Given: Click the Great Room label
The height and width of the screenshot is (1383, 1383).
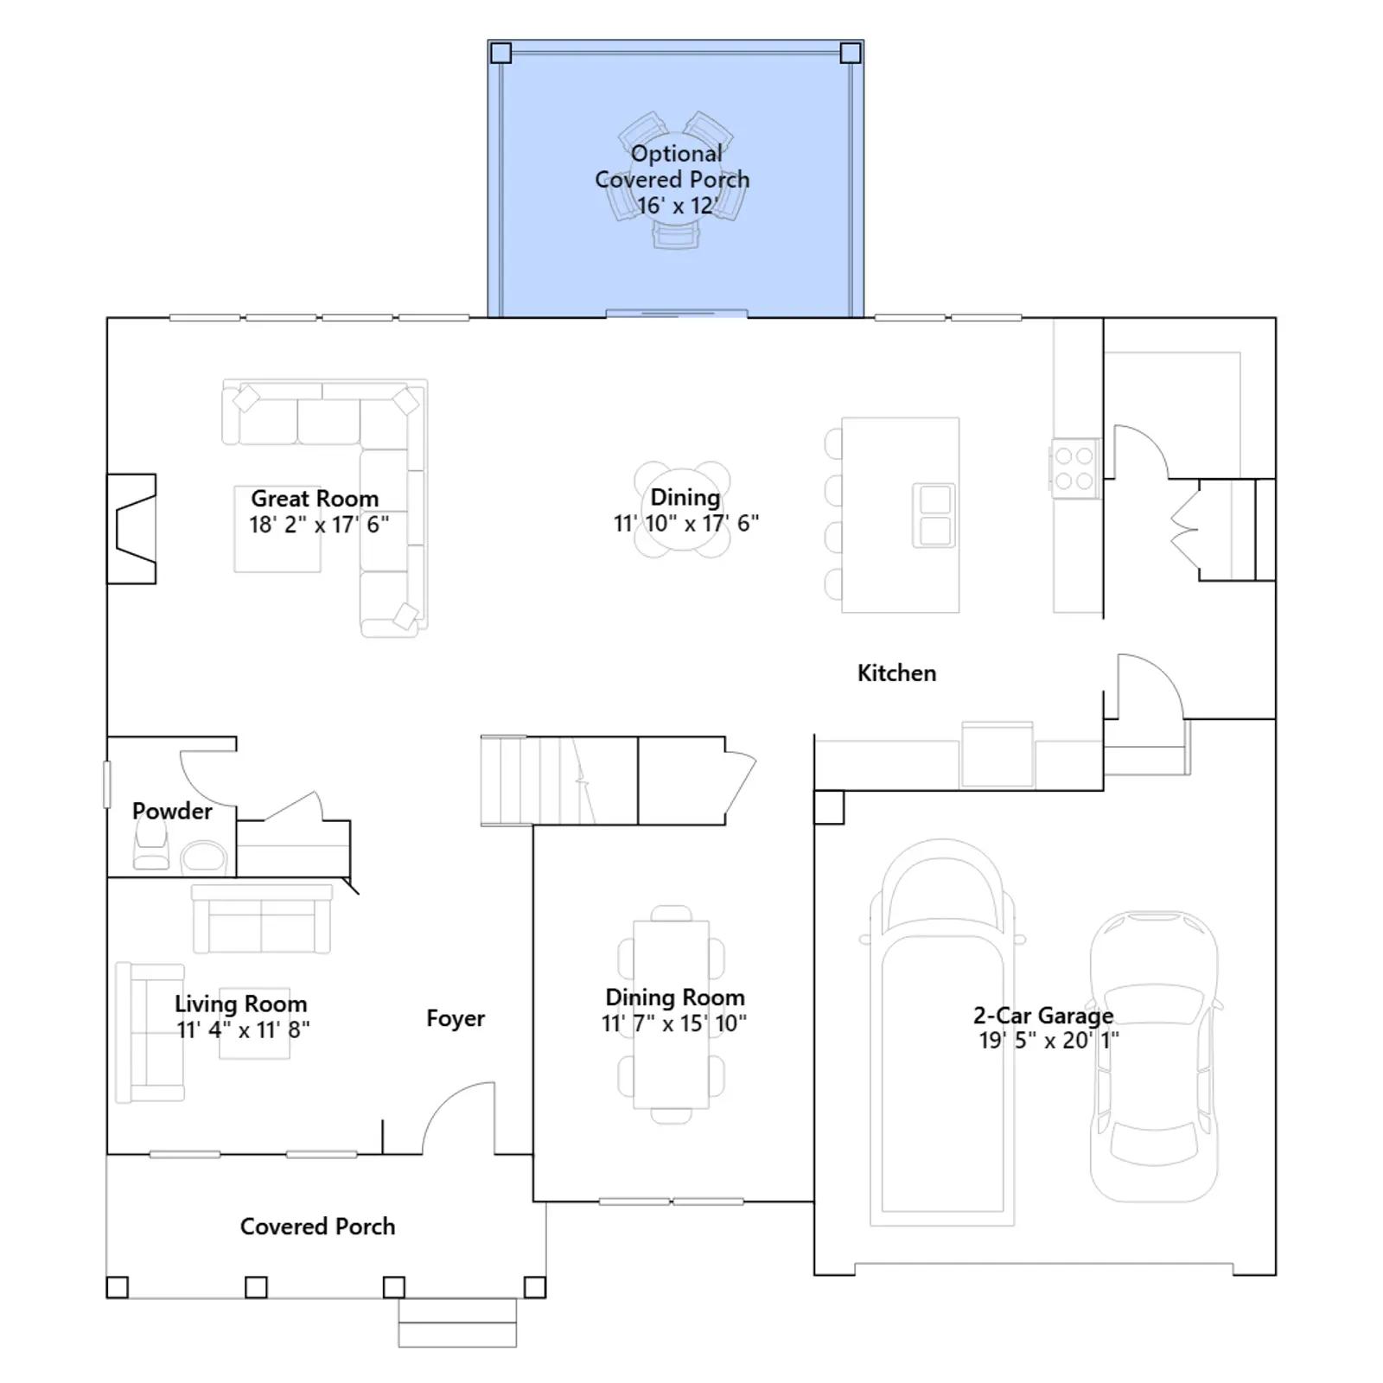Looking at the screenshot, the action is [x=315, y=499].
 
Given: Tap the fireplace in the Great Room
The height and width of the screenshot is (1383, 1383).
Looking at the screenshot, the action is [x=131, y=528].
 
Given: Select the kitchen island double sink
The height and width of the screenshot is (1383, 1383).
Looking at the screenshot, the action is [x=934, y=515].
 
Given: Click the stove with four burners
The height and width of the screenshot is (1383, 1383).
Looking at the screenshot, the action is [x=1075, y=468].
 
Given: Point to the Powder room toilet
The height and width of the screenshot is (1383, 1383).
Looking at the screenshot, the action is [x=150, y=843].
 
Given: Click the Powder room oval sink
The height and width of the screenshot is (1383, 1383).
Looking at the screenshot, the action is [x=203, y=858].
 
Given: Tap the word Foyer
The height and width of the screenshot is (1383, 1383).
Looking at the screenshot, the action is [x=456, y=1018].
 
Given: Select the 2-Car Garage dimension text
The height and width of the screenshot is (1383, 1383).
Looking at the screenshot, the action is [x=1048, y=1040].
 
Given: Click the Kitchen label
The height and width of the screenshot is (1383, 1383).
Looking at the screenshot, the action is [x=896, y=672].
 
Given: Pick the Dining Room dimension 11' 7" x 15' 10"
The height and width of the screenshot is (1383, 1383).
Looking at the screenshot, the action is [x=674, y=1023].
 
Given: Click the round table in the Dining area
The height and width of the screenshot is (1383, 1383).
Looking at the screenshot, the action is [x=682, y=510].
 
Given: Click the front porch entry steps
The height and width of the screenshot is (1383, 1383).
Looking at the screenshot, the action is [x=457, y=1322].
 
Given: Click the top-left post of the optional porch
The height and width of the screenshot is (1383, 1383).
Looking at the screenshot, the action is [x=500, y=54].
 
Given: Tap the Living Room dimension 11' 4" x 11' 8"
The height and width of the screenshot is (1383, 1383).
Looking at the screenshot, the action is [x=243, y=1029].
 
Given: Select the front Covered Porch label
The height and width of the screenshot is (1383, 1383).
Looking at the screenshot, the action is [x=317, y=1227].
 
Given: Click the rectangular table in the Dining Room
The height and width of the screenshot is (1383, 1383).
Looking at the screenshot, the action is [x=671, y=1014].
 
